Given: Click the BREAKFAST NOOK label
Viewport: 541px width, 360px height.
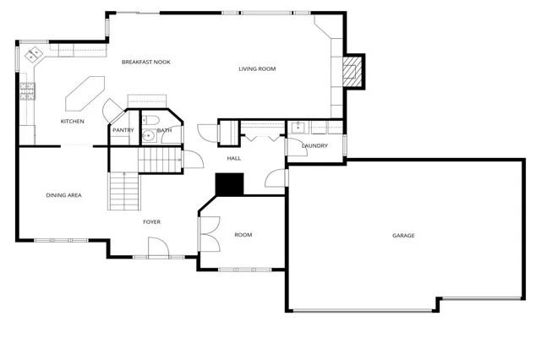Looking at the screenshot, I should [146, 62].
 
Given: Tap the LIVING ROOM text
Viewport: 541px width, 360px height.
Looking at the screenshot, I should [257, 69].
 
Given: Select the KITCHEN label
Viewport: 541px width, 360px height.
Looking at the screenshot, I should [72, 122].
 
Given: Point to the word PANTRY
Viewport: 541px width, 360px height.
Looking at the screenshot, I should [123, 130].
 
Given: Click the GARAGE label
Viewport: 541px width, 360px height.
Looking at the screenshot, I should [403, 235].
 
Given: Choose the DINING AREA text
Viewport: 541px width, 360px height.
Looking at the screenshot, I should [63, 195].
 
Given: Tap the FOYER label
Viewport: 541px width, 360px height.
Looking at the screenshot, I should [151, 222].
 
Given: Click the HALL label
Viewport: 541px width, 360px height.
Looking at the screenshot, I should [234, 158].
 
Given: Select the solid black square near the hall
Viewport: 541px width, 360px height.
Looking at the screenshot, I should [229, 183].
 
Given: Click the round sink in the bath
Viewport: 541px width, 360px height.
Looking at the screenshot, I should [148, 134].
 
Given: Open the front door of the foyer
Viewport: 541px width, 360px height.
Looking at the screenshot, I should [156, 248].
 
